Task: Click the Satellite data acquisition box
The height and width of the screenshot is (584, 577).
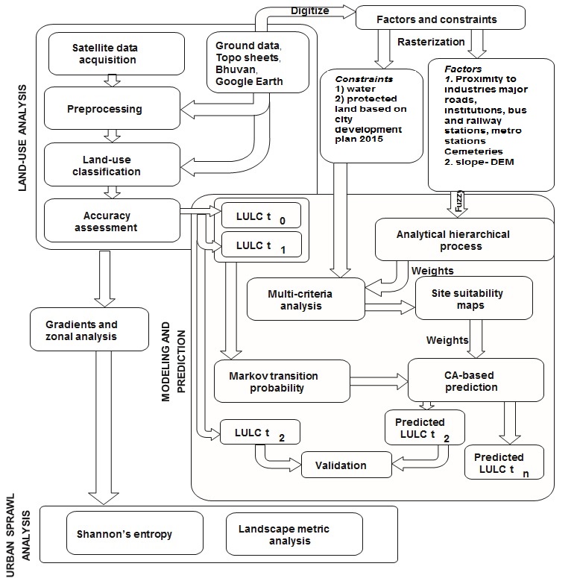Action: click(x=116, y=54)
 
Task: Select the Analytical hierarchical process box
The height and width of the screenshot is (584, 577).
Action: click(x=464, y=239)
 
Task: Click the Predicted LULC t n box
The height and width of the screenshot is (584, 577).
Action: click(x=503, y=463)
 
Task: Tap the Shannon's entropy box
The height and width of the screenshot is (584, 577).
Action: click(x=125, y=534)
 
